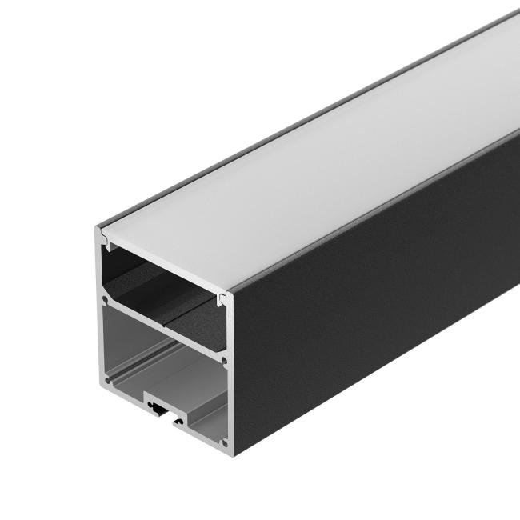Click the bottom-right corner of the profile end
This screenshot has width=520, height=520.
click(234, 450)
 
